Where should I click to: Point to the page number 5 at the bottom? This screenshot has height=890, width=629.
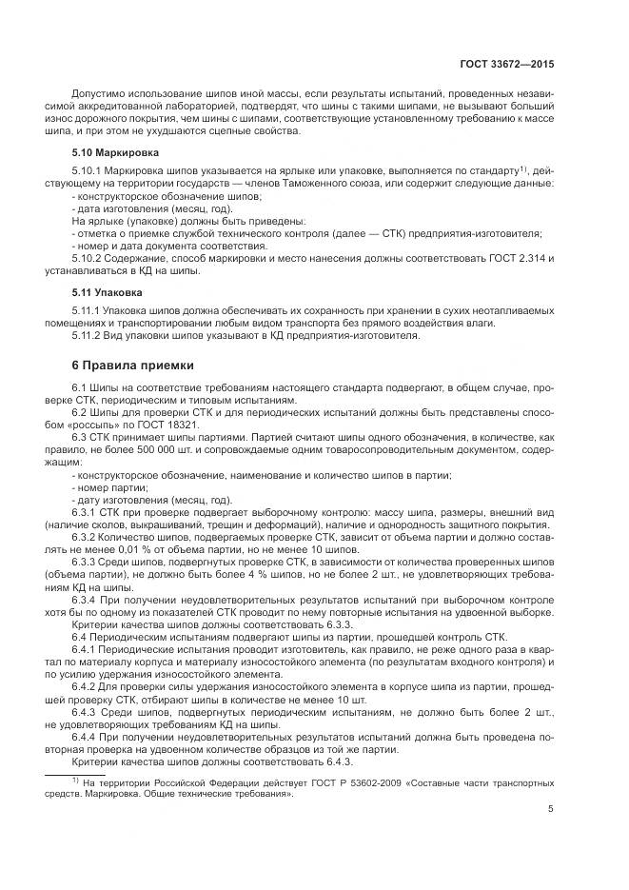tap(552, 809)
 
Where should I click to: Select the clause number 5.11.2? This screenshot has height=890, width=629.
tap(88, 335)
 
